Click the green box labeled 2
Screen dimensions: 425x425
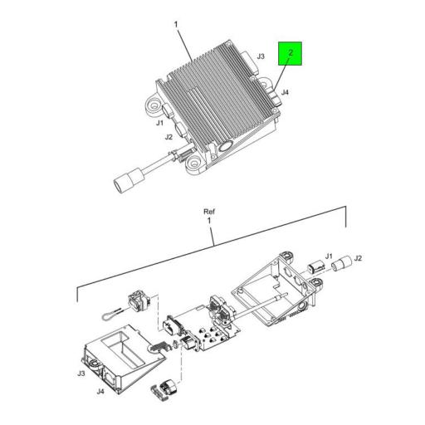291,55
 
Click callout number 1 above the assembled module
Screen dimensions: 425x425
177,25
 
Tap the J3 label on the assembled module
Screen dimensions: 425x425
260,56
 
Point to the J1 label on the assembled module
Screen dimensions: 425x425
160,123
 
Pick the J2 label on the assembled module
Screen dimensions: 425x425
169,137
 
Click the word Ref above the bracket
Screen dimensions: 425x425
209,212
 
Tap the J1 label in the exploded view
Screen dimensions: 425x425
329,256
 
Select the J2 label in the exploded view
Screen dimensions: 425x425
359,259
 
